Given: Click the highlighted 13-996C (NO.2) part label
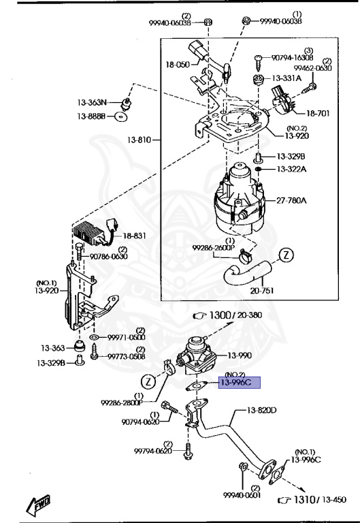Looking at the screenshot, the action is pyautogui.click(x=239, y=382).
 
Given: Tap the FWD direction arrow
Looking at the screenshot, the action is pyautogui.click(x=38, y=504).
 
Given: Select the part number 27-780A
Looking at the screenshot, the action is pyautogui.click(x=291, y=200).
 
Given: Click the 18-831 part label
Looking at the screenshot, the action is pyautogui.click(x=134, y=236).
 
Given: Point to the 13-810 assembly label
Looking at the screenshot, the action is pyautogui.click(x=139, y=140).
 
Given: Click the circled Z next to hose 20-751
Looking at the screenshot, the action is pyautogui.click(x=286, y=255).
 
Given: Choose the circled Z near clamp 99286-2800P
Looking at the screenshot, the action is pyautogui.click(x=148, y=381).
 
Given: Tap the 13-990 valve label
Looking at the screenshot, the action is pyautogui.click(x=240, y=355).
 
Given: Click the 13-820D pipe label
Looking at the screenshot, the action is pyautogui.click(x=261, y=410).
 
